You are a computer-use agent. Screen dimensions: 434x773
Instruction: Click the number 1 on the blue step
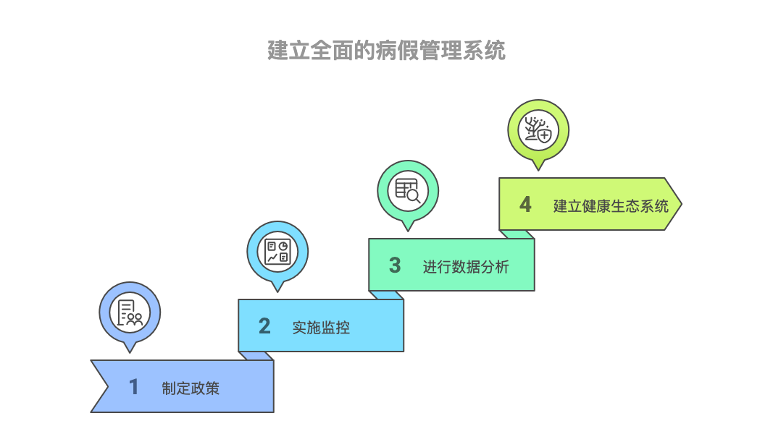click(x=134, y=387)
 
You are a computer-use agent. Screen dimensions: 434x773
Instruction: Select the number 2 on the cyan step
click(x=264, y=326)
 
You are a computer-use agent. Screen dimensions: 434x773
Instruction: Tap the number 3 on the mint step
click(x=395, y=265)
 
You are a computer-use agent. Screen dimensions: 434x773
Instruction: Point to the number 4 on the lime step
click(x=525, y=205)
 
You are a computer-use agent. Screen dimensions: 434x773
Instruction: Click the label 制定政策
click(x=191, y=388)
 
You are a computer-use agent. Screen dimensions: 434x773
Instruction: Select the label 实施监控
click(x=321, y=327)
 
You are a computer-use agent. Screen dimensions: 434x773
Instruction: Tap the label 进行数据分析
click(x=466, y=266)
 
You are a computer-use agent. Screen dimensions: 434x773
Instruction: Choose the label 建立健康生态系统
click(x=611, y=205)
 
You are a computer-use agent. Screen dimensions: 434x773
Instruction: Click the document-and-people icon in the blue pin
click(x=130, y=312)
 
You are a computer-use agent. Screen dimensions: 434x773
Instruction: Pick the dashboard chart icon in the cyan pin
click(x=277, y=252)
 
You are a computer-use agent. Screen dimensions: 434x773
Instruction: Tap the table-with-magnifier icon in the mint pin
click(x=408, y=190)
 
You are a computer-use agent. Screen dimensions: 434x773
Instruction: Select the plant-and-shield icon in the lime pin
click(x=538, y=130)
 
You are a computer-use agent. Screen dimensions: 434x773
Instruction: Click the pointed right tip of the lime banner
click(x=679, y=204)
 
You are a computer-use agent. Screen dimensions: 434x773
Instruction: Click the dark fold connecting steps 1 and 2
click(x=256, y=356)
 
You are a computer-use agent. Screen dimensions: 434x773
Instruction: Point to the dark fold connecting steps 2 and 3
click(x=386, y=295)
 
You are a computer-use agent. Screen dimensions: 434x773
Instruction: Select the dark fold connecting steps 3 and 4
click(x=517, y=234)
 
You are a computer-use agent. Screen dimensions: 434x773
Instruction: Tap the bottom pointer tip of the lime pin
click(x=538, y=169)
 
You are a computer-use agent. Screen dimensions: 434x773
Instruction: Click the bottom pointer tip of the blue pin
click(x=130, y=351)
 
